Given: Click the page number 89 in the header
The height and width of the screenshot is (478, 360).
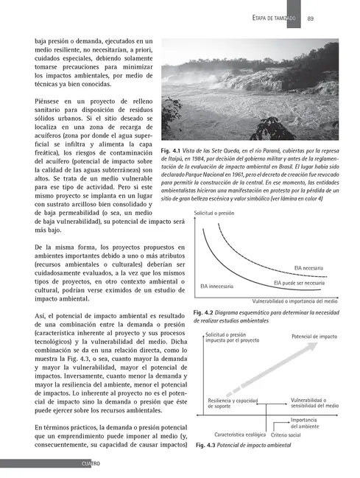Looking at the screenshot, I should pyautogui.click(x=311, y=18).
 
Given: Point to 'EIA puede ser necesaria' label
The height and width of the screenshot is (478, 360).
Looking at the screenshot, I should pyautogui.click(x=300, y=283).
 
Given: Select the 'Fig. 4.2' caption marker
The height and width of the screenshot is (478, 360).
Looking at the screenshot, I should pyautogui.click(x=204, y=313).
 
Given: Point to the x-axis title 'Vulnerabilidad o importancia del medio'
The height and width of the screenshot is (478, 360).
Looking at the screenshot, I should pyautogui.click(x=295, y=301).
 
